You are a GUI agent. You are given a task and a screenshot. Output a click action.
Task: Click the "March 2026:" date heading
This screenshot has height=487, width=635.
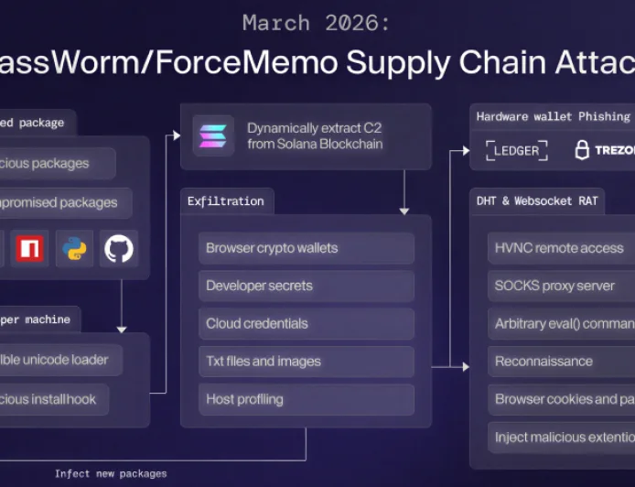coord(317,23)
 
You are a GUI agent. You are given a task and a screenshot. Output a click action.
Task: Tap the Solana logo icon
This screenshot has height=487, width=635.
coord(213,135)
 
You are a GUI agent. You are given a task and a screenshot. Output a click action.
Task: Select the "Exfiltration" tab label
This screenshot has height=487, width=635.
coord(225,200)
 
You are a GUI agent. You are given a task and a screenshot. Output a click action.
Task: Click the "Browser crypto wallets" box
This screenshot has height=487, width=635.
coord(306,248)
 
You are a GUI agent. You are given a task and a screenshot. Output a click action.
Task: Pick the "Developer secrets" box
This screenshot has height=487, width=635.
coord(306,286)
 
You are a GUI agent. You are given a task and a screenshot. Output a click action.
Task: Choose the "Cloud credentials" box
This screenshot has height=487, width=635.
coord(306,323)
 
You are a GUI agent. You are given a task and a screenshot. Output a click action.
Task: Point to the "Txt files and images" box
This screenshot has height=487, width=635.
coord(306,362)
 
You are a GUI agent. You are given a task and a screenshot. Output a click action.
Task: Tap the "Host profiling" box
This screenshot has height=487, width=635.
coord(306,399)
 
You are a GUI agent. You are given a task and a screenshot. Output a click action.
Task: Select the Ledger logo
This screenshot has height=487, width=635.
coord(517,149)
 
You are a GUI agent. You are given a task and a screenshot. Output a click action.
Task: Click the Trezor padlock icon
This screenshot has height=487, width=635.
coord(582,150)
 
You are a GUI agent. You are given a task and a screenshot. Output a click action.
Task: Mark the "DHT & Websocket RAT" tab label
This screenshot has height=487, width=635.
coord(536,200)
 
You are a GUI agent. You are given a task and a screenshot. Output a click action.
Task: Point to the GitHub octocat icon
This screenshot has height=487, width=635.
coord(119,248)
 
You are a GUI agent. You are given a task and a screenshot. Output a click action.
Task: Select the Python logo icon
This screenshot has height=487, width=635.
coord(74,248)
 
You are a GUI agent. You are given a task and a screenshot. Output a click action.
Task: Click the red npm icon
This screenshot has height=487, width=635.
coord(30,248)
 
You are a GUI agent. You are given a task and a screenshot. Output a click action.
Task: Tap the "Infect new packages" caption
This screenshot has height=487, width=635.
coord(111,473)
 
